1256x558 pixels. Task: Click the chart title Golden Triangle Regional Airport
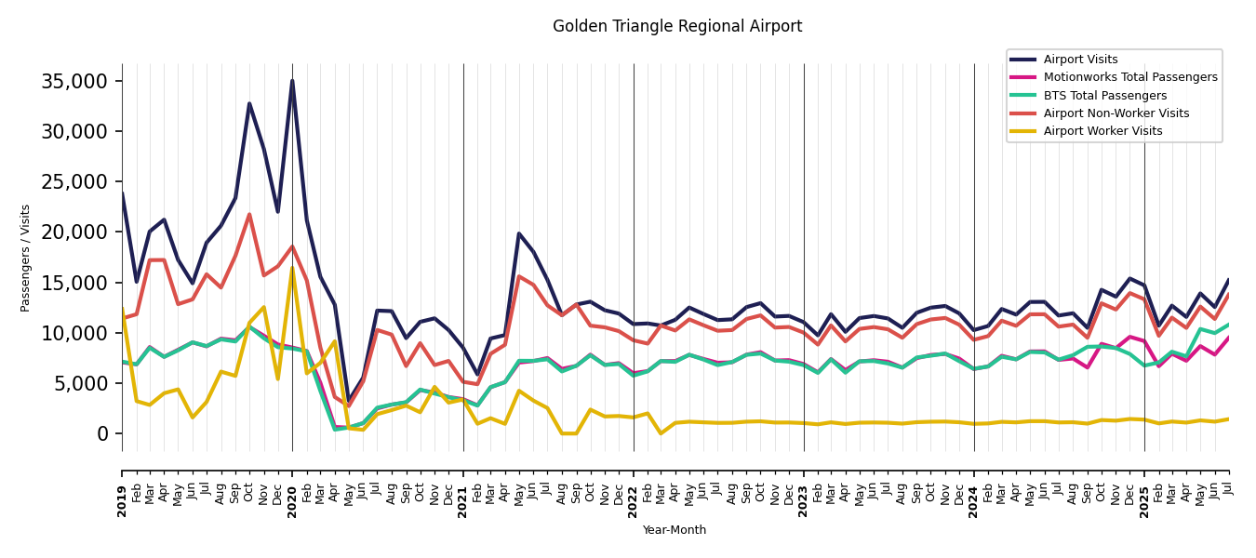[677, 27]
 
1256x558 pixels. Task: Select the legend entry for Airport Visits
[1080, 60]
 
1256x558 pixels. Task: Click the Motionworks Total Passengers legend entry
[1129, 77]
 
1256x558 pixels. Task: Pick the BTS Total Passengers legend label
[1104, 96]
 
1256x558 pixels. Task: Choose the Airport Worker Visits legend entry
[1102, 131]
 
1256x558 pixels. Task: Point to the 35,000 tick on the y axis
[74, 81]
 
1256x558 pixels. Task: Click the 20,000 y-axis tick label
[74, 232]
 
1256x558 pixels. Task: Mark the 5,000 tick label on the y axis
[80, 383]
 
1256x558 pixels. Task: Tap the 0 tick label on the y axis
[102, 433]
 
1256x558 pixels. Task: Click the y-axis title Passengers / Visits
[26, 258]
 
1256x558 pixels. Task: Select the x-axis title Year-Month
[675, 530]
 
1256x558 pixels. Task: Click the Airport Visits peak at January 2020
[292, 81]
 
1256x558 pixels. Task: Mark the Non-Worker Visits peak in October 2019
[249, 215]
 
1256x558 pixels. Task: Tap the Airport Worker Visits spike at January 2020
[292, 269]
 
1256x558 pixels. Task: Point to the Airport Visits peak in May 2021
[519, 233]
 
